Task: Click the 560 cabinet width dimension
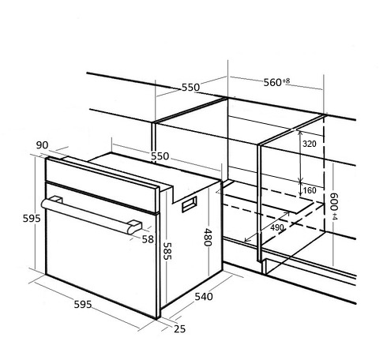click(x=272, y=82)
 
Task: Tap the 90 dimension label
click(x=42, y=145)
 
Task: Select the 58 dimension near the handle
click(x=148, y=239)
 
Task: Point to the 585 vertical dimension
click(x=167, y=251)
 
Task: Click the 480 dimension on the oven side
click(x=208, y=237)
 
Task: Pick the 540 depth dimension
click(x=204, y=297)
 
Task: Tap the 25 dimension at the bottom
click(x=179, y=328)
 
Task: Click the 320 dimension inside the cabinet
click(x=310, y=144)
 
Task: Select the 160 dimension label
click(x=310, y=190)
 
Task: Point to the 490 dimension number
click(x=277, y=227)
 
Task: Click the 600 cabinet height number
click(x=334, y=201)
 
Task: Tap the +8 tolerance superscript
click(x=286, y=81)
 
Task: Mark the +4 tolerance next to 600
click(x=334, y=217)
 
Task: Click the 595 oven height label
click(x=32, y=219)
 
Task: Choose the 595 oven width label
click(x=83, y=305)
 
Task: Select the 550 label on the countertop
click(x=190, y=88)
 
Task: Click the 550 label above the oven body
click(x=160, y=156)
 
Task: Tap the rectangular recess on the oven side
click(x=190, y=204)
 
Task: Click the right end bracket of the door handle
click(x=134, y=227)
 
